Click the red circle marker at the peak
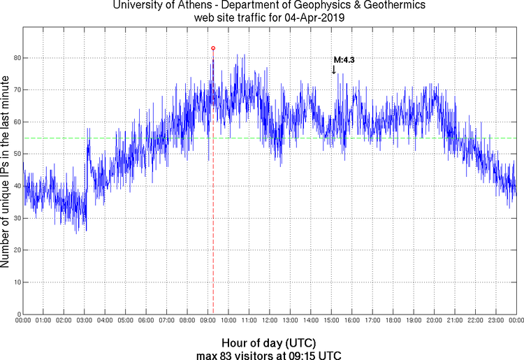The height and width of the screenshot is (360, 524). (213, 48)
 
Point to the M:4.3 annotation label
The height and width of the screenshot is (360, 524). (344, 60)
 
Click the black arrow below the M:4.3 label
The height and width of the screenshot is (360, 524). (334, 69)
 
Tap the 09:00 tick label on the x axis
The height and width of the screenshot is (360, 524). (208, 321)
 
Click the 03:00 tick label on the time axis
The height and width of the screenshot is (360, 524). (84, 321)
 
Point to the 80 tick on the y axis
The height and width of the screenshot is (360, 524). (15, 58)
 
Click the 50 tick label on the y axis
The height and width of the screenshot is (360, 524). (15, 154)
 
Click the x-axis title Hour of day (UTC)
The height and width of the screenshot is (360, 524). (268, 343)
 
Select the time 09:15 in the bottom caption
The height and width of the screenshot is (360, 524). (308, 355)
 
